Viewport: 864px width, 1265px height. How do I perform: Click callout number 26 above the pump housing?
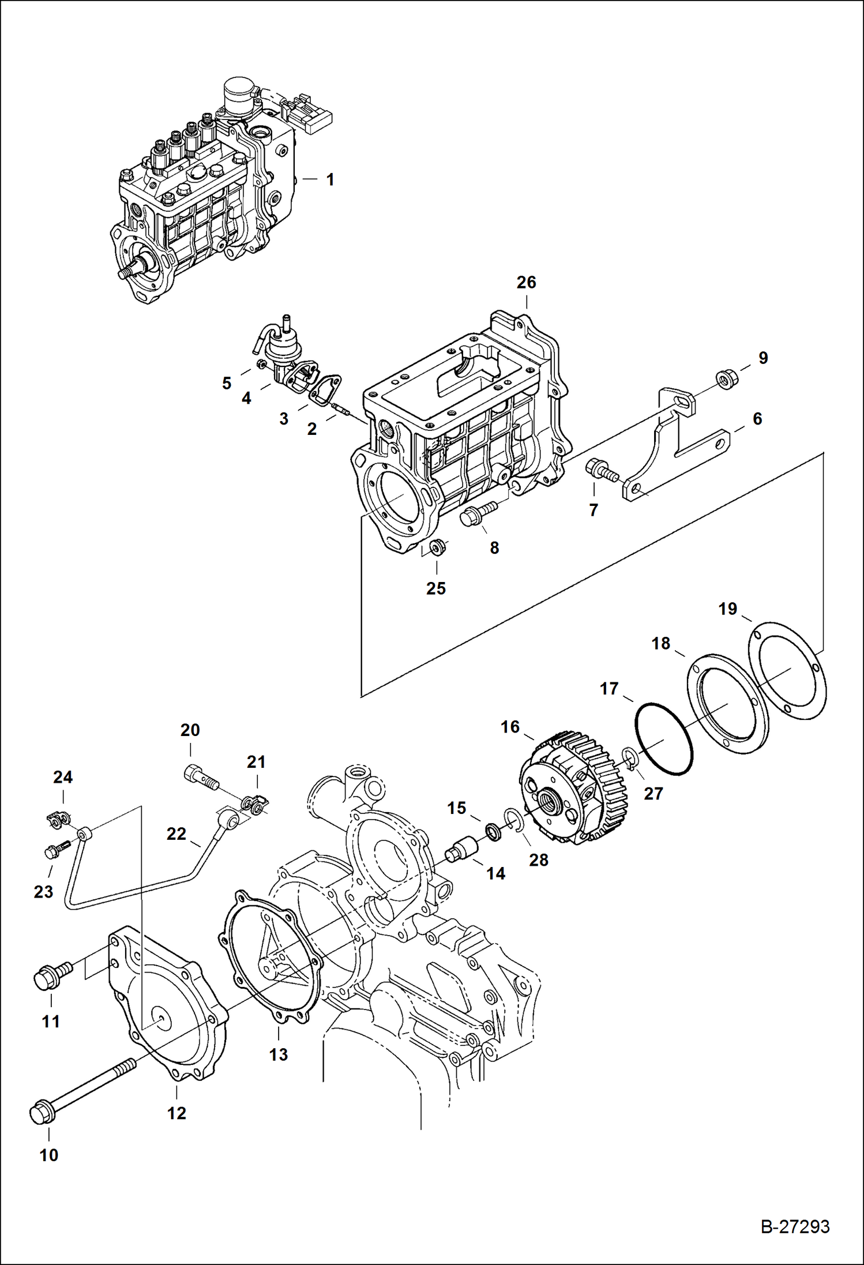tap(526, 283)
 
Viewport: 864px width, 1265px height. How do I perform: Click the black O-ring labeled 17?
tap(663, 738)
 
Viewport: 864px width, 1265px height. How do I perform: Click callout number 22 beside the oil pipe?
tap(176, 834)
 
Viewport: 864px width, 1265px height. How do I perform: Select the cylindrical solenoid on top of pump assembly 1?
tap(241, 92)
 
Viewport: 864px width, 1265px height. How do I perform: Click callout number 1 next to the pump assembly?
tap(330, 180)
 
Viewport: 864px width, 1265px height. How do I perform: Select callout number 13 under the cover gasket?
tap(278, 1054)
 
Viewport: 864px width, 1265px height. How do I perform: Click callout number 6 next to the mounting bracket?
tap(757, 419)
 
